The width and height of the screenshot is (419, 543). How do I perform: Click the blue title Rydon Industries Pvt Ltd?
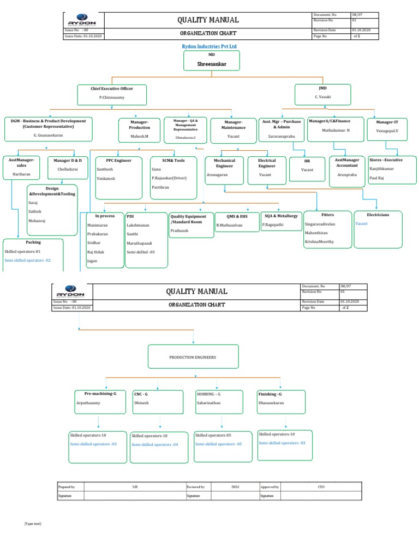point(209,48)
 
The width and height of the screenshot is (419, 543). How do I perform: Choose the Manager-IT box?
point(387,127)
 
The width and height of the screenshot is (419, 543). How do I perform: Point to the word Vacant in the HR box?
point(307,170)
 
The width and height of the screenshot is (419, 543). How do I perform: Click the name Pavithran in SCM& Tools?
point(161,187)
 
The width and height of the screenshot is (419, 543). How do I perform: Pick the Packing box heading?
point(33,242)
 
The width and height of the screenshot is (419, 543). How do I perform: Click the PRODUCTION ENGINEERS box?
point(193,357)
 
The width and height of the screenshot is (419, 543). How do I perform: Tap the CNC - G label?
point(141,394)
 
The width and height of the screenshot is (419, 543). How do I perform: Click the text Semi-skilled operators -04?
point(155,445)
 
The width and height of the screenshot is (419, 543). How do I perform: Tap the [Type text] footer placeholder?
point(33,524)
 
